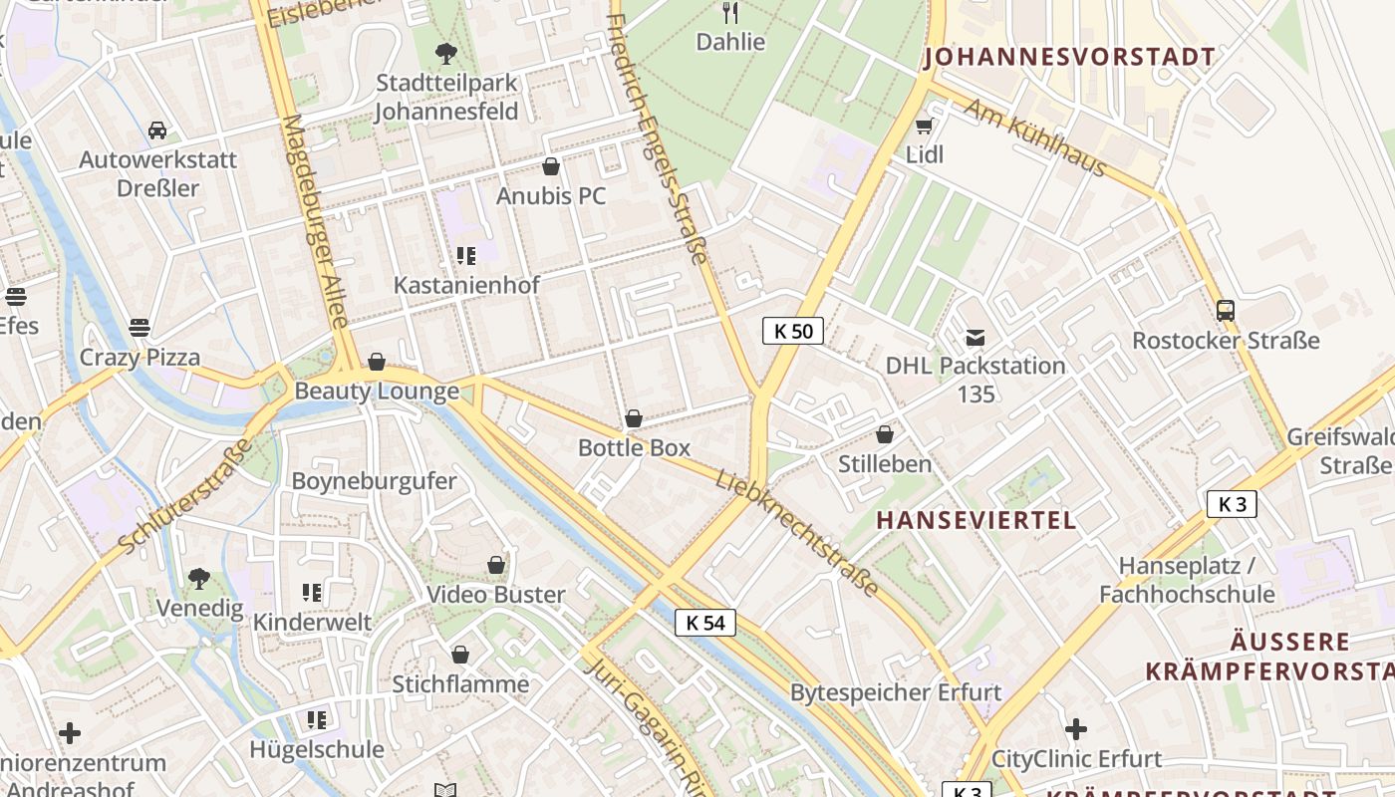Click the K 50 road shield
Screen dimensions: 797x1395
point(793,331)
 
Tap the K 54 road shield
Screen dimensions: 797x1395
point(705,623)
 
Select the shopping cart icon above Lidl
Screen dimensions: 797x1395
point(924,126)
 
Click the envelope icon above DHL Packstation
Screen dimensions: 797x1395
point(976,338)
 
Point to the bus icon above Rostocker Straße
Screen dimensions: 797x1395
point(1226,311)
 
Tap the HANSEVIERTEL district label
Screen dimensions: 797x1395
point(976,520)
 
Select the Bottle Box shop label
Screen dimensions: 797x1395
point(635,447)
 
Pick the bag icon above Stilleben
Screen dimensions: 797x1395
point(884,434)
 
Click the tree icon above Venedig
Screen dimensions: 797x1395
point(199,578)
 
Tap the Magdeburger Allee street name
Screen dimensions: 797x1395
point(315,221)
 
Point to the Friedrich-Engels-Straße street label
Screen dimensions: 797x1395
point(658,139)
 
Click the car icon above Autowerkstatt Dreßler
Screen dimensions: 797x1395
point(157,131)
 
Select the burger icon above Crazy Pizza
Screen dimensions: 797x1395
point(139,328)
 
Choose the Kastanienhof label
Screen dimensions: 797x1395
point(466,285)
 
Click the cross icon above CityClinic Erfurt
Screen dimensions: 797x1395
point(1076,729)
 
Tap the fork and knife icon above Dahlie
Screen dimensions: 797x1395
point(730,12)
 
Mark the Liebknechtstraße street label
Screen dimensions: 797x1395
point(797,534)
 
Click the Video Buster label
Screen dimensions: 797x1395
point(496,595)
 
